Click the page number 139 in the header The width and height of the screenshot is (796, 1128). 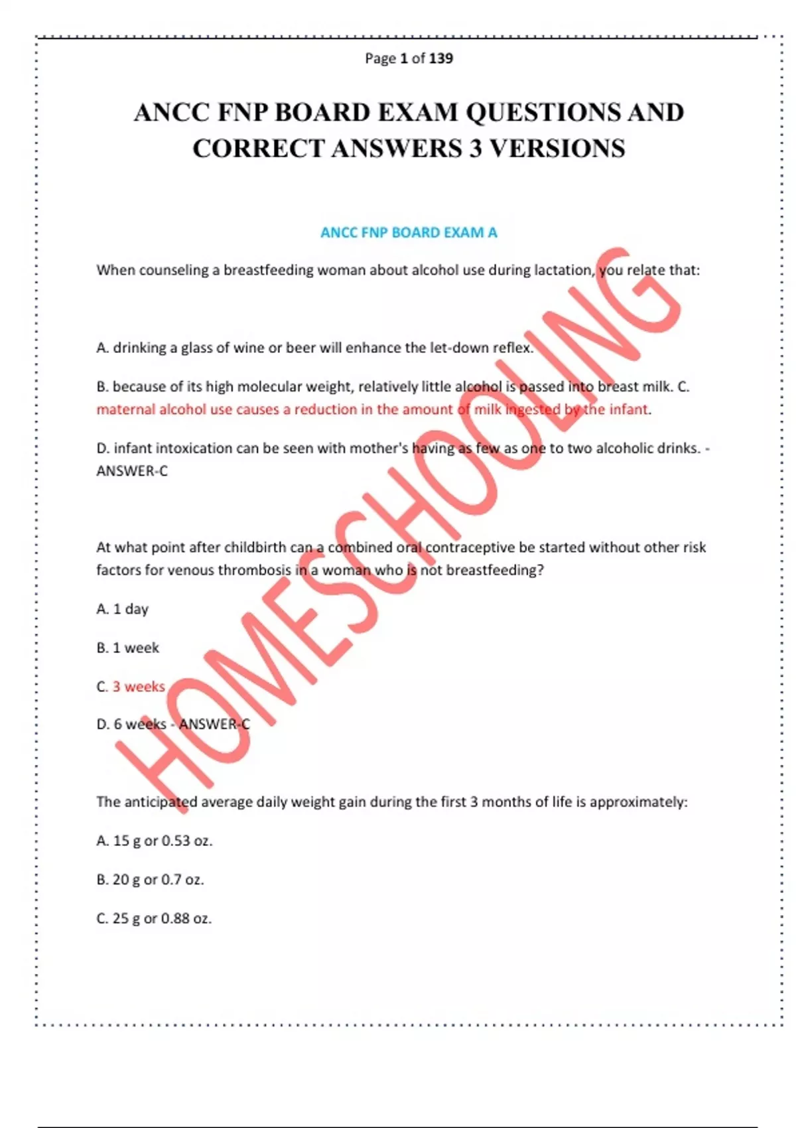coord(440,58)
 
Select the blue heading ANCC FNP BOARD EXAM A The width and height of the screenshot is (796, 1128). coord(409,232)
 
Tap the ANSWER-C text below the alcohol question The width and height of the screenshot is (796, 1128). coord(132,471)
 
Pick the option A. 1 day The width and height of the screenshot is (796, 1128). coord(123,608)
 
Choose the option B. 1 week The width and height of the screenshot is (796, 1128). coord(128,648)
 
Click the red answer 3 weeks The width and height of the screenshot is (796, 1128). coord(139,686)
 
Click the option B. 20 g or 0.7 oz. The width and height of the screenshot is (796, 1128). coord(151,880)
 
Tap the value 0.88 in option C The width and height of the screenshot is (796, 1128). coord(176,918)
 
